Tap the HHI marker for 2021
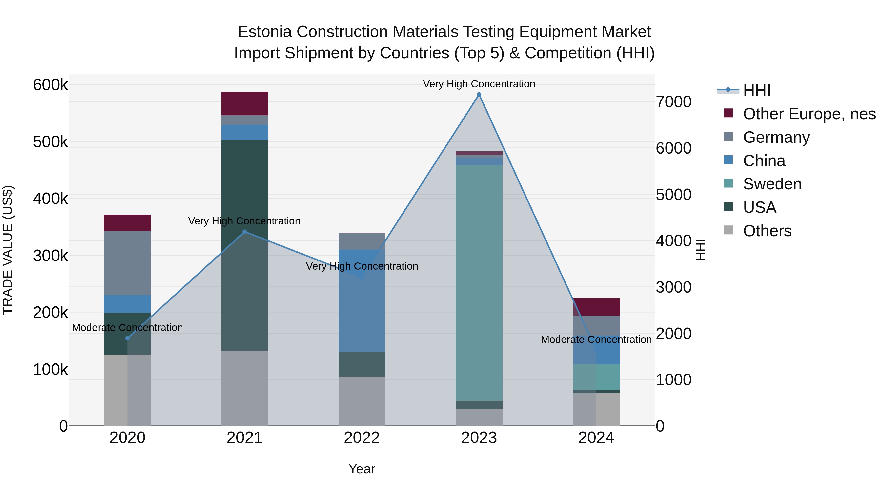tap(245, 232)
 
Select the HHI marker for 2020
tap(127, 338)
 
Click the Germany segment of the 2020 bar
tap(127, 263)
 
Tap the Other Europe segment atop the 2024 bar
tap(596, 307)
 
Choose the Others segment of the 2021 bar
tap(245, 388)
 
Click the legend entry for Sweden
tap(772, 184)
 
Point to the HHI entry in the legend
tap(756, 90)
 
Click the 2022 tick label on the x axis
tap(362, 438)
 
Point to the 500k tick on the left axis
tap(50, 142)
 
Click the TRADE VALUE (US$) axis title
tap(8, 250)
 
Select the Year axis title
tap(362, 469)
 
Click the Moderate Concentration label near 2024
tap(596, 340)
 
